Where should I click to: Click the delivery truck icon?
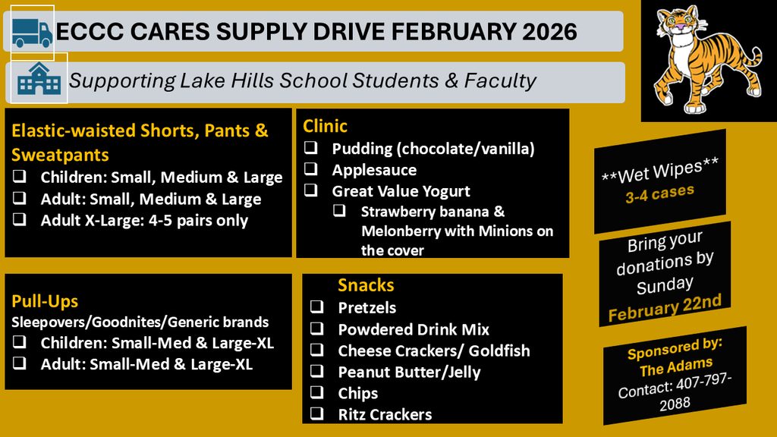(32, 32)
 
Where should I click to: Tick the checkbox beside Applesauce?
(311, 170)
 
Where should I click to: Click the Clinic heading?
(325, 126)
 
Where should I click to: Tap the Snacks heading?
(366, 285)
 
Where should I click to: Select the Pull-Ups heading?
(45, 301)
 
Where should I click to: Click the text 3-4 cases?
(659, 195)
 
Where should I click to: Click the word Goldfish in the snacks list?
(499, 351)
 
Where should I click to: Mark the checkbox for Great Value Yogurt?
(311, 191)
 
